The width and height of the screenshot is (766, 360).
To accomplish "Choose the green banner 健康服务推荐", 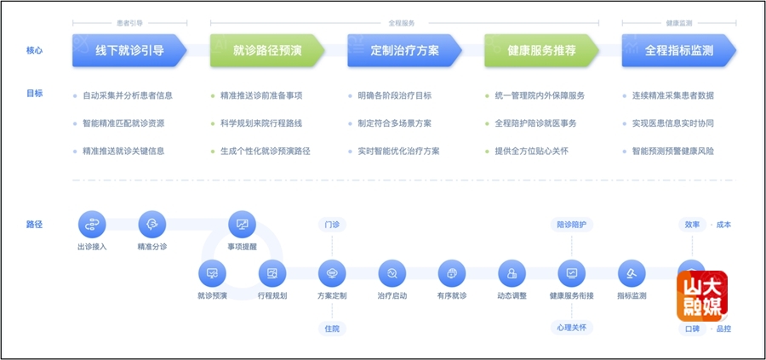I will tap(542, 50).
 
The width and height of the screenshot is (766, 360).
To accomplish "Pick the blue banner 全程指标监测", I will tap(679, 50).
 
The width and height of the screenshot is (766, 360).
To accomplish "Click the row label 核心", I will tap(34, 50).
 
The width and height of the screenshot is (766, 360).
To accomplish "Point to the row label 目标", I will tap(34, 94).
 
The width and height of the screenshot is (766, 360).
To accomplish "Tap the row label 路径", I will tap(34, 225).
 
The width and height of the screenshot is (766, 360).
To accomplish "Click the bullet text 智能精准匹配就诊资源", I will tap(123, 123).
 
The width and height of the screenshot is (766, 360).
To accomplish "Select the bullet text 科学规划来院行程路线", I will tap(261, 123).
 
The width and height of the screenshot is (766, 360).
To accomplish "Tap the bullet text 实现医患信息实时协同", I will tap(672, 123).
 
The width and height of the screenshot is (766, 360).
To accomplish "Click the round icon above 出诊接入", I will tap(92, 225).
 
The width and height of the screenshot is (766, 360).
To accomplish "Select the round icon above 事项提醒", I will tap(242, 225).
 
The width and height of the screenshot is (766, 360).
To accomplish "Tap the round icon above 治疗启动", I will tap(392, 273).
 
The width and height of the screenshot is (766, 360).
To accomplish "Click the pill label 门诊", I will tap(332, 225).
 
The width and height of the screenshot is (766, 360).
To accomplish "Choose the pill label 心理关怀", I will tap(571, 327).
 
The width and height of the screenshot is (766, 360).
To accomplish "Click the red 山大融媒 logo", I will tap(701, 295).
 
